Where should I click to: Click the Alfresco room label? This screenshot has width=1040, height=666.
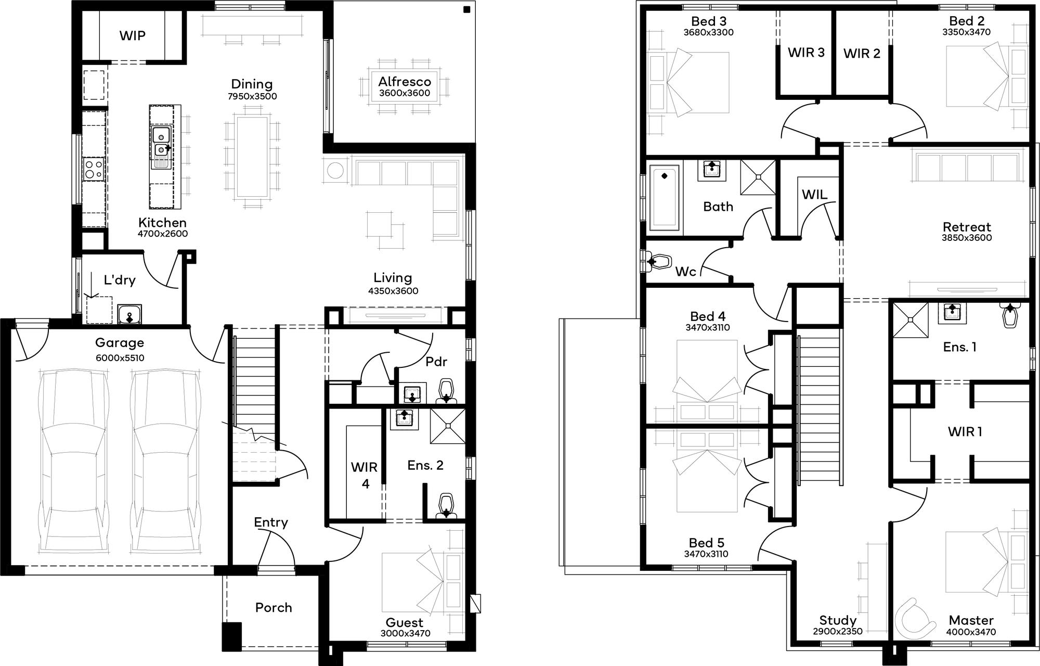click(x=405, y=82)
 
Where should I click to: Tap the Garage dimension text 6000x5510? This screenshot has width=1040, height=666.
click(x=120, y=358)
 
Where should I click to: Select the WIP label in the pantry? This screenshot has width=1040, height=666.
click(x=133, y=36)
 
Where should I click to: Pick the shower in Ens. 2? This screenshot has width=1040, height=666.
click(x=448, y=426)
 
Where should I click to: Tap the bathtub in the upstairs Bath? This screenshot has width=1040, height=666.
click(x=665, y=198)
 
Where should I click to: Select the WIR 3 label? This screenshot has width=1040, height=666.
click(x=806, y=53)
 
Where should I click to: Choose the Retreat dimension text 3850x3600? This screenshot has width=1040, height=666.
click(x=967, y=238)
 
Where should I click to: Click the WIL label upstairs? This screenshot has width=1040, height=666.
click(x=814, y=195)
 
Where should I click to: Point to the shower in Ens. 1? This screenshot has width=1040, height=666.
click(x=911, y=320)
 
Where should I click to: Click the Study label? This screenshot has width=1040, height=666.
click(x=838, y=620)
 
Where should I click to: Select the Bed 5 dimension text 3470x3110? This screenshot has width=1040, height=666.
click(x=706, y=554)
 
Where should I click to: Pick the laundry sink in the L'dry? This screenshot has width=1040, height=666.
click(x=129, y=314)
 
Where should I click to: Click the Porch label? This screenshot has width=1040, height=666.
click(x=274, y=608)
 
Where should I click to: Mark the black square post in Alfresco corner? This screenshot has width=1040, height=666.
click(x=466, y=9)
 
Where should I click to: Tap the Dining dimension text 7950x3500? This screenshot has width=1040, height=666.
click(x=252, y=96)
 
